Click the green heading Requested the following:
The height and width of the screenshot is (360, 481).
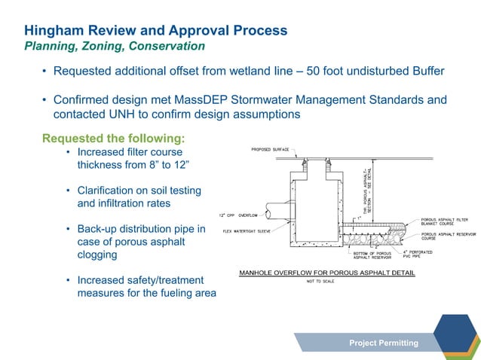113,139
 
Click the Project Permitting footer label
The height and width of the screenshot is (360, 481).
383,343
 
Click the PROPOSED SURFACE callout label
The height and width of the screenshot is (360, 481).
271,150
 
